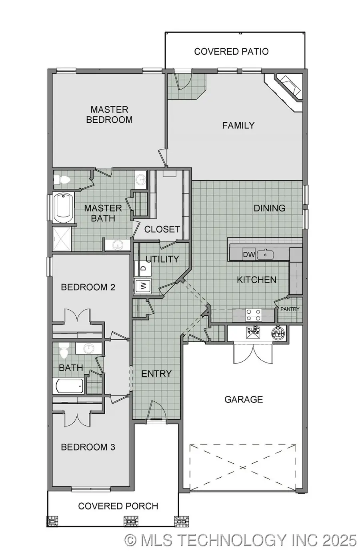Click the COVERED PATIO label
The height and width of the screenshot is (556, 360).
tap(231, 52)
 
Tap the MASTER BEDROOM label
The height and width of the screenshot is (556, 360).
tap(109, 115)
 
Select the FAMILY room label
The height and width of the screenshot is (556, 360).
tap(238, 126)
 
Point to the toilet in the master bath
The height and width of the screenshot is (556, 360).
tap(62, 180)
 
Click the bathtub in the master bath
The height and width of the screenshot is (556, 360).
tap(63, 208)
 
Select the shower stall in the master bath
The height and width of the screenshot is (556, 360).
tap(62, 239)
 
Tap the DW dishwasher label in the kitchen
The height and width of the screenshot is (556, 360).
tap(249, 255)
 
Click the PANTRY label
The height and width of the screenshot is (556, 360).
tap(290, 309)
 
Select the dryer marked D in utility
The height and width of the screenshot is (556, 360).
tap(143, 269)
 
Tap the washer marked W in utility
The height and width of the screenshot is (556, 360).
tap(143, 286)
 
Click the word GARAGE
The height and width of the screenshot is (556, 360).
tap(244, 399)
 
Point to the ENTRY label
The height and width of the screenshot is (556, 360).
tap(156, 374)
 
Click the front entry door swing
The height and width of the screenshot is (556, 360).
tap(156, 410)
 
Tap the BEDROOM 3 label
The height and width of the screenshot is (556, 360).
tap(88, 447)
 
